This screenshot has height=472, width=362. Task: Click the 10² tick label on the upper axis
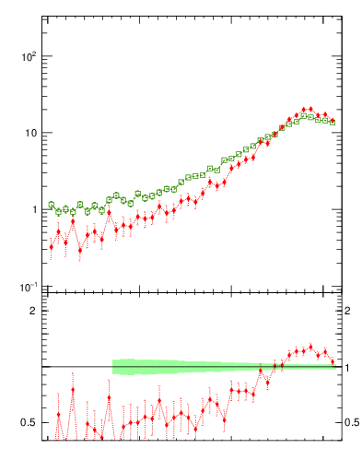(28, 57)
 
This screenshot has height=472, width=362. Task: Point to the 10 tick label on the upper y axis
(29, 133)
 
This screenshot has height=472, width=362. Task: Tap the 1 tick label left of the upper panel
(33, 210)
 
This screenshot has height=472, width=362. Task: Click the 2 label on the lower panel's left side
(32, 311)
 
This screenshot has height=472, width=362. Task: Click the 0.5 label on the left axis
(28, 423)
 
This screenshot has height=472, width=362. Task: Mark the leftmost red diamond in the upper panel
(52, 247)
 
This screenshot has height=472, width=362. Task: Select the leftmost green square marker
(52, 205)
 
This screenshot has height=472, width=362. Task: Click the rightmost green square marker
(333, 122)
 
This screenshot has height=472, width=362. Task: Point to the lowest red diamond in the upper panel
(80, 250)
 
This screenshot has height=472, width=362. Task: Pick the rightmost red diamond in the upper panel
(333, 121)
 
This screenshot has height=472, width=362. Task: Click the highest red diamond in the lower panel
(310, 347)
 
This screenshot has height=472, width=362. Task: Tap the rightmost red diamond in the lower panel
(333, 360)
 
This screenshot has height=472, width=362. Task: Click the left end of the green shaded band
(113, 367)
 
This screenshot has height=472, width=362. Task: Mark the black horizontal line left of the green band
(78, 367)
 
